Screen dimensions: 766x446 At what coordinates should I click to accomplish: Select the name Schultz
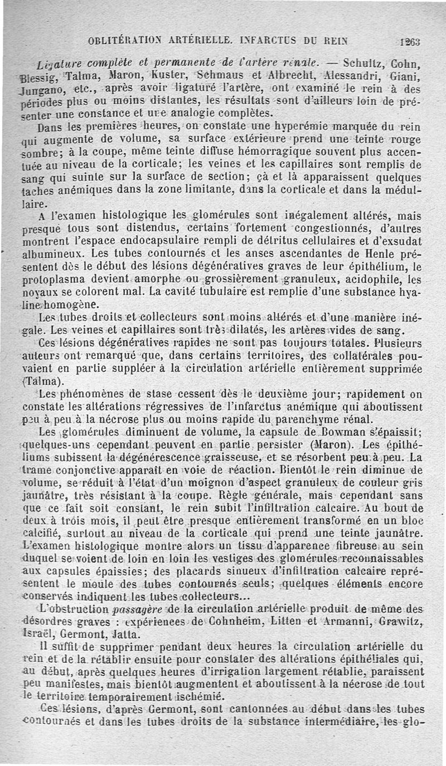(x=364, y=62)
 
